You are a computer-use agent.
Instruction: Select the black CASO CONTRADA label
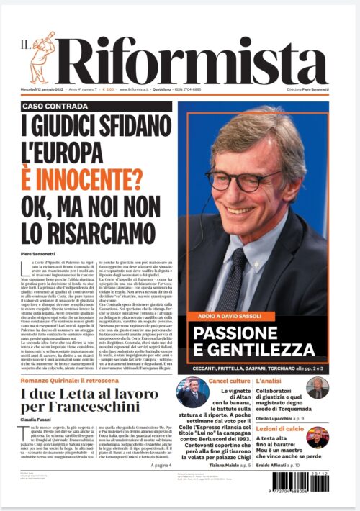coord(55,105)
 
